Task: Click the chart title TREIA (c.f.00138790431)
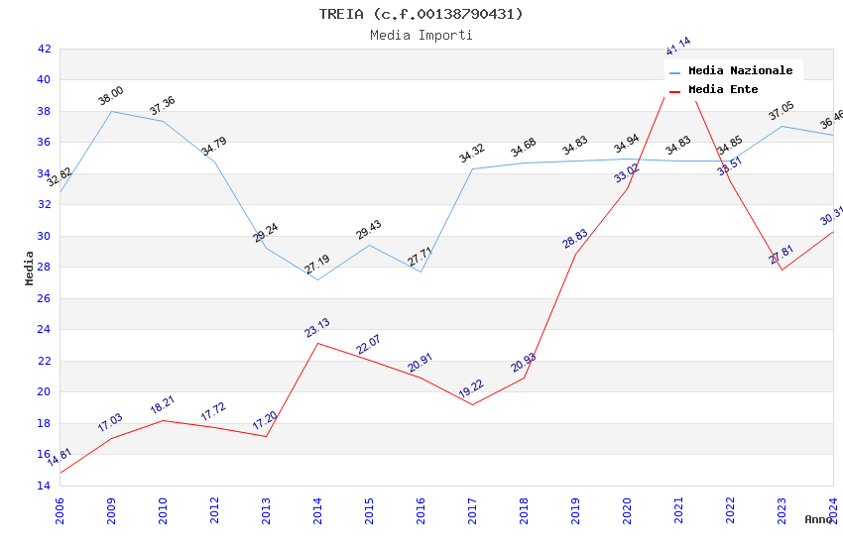coord(421,14)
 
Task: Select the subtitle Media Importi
coord(421,35)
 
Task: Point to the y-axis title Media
coord(30,268)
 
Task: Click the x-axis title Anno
coord(818,519)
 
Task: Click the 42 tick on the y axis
coord(44,49)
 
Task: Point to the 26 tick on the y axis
coord(44,298)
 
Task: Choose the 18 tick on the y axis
coord(44,423)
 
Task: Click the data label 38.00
coord(111,95)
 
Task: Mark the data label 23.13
coord(317,327)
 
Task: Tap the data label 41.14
coord(678,47)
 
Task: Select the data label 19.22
coord(472,388)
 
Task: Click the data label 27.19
coord(317,264)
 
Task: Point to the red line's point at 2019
coord(575,254)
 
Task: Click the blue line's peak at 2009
coord(111,111)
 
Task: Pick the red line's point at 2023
coord(782,271)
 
